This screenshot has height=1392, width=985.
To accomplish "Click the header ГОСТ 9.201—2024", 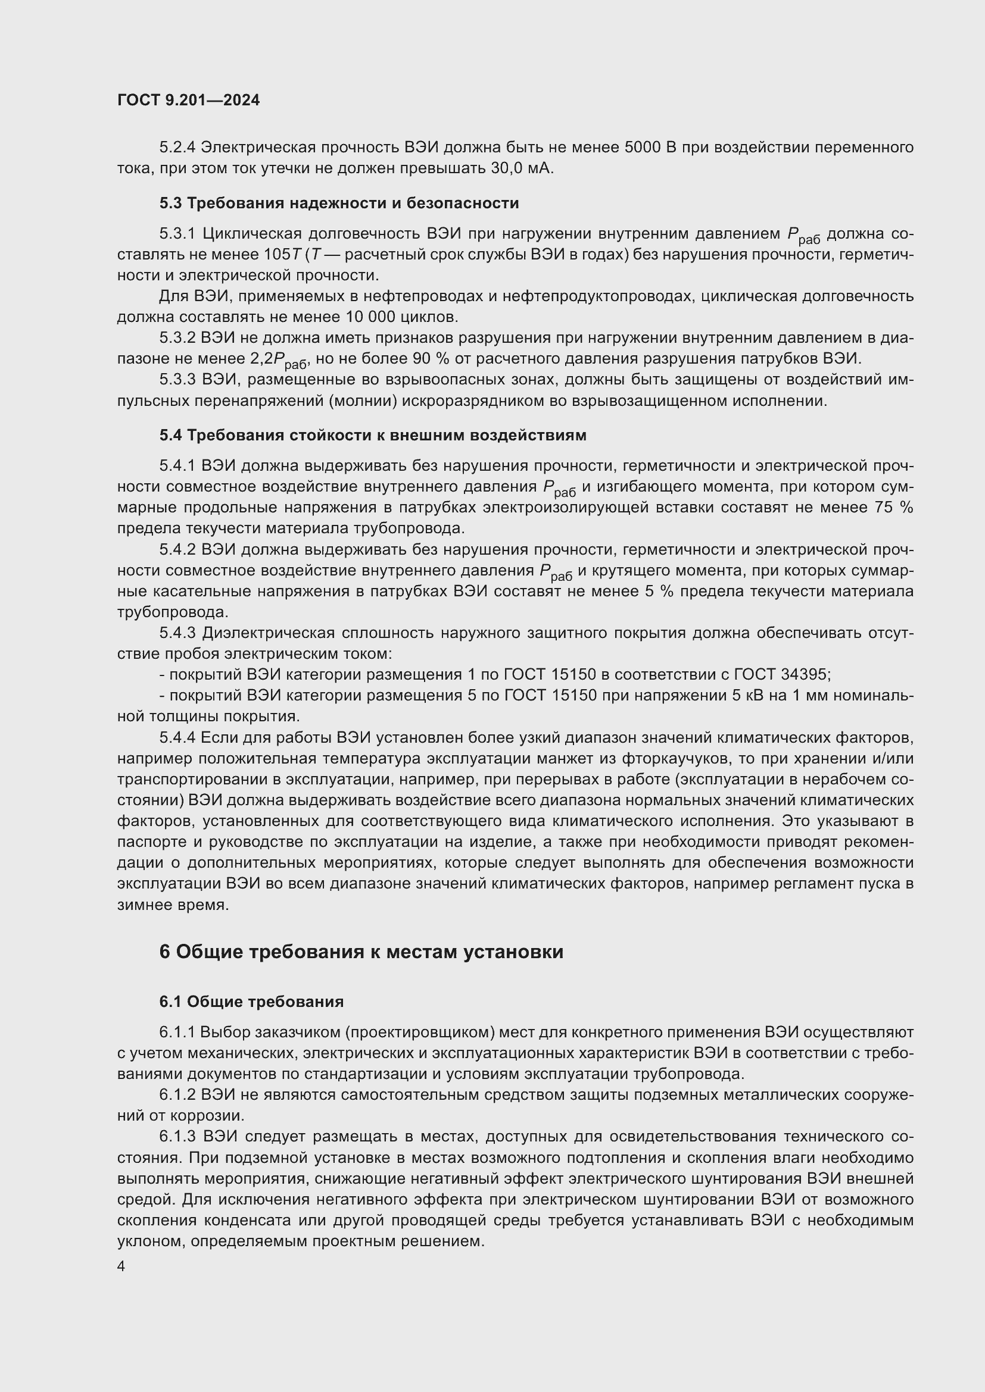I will point(189,101).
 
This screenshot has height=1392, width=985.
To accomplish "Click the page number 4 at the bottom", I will point(121,1266).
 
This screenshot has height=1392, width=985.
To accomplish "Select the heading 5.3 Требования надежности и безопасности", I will point(339,203).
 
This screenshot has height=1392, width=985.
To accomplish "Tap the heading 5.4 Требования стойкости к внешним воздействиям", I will point(372,435).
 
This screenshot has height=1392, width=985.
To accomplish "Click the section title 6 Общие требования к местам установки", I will point(361,952).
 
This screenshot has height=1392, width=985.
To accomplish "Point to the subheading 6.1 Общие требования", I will point(251,1002).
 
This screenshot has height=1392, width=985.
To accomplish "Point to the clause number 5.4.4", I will point(177,738).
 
